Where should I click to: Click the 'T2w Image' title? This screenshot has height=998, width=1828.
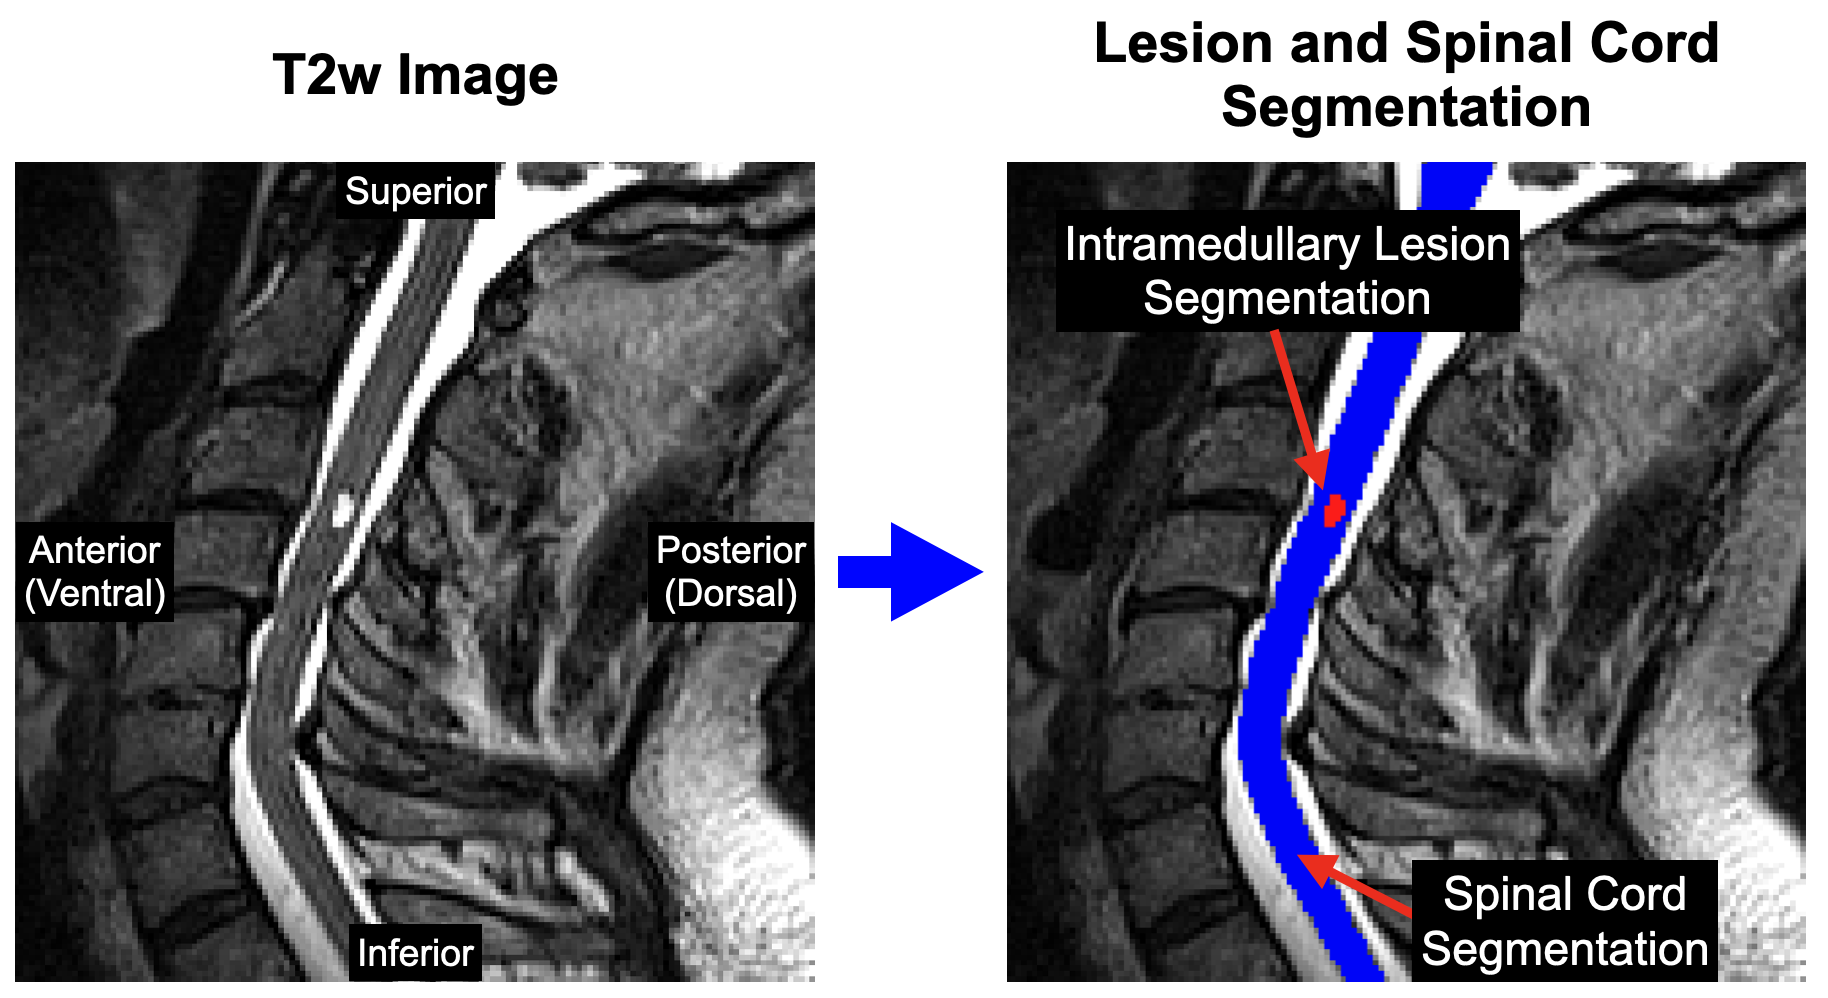pyautogui.click(x=415, y=76)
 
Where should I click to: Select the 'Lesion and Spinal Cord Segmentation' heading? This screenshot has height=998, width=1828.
pyautogui.click(x=1405, y=75)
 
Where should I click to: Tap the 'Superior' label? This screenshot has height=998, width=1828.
pyautogui.click(x=415, y=191)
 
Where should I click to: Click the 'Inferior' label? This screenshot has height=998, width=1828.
pyautogui.click(x=415, y=953)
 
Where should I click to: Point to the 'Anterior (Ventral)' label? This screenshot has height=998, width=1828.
pyautogui.click(x=95, y=572)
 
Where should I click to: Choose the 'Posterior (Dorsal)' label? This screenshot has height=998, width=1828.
pyautogui.click(x=731, y=572)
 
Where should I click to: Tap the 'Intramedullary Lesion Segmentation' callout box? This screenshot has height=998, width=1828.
pyautogui.click(x=1287, y=271)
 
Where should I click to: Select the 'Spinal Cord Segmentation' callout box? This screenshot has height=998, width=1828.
pyautogui.click(x=1564, y=920)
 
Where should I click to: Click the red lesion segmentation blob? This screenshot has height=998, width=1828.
pyautogui.click(x=1333, y=511)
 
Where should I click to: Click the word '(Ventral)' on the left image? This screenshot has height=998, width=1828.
pyautogui.click(x=95, y=594)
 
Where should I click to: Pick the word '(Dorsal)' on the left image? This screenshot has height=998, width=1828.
pyautogui.click(x=731, y=594)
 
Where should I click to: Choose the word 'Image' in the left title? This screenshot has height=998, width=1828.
pyautogui.click(x=477, y=76)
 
